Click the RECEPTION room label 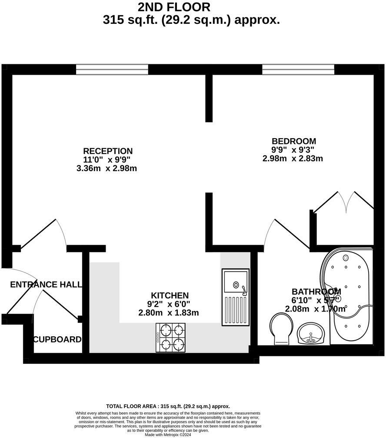click(x=107, y=151)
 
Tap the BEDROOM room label click(x=293, y=141)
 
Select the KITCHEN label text click(x=170, y=295)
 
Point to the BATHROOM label click(x=316, y=292)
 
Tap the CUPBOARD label click(x=57, y=339)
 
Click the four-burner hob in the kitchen click(x=171, y=338)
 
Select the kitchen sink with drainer click(x=236, y=297)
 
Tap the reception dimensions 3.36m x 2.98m click(x=106, y=168)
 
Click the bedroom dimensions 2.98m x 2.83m click(x=293, y=159)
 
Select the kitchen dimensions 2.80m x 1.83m click(x=169, y=312)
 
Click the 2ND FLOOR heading click(x=174, y=7)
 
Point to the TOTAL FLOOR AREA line click(x=168, y=406)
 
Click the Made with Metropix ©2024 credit click(x=168, y=435)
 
